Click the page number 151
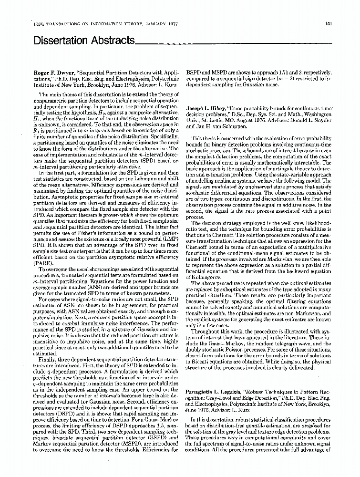pyautogui.click(x=329, y=23)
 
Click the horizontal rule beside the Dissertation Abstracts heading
pyautogui.click(x=234, y=44)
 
